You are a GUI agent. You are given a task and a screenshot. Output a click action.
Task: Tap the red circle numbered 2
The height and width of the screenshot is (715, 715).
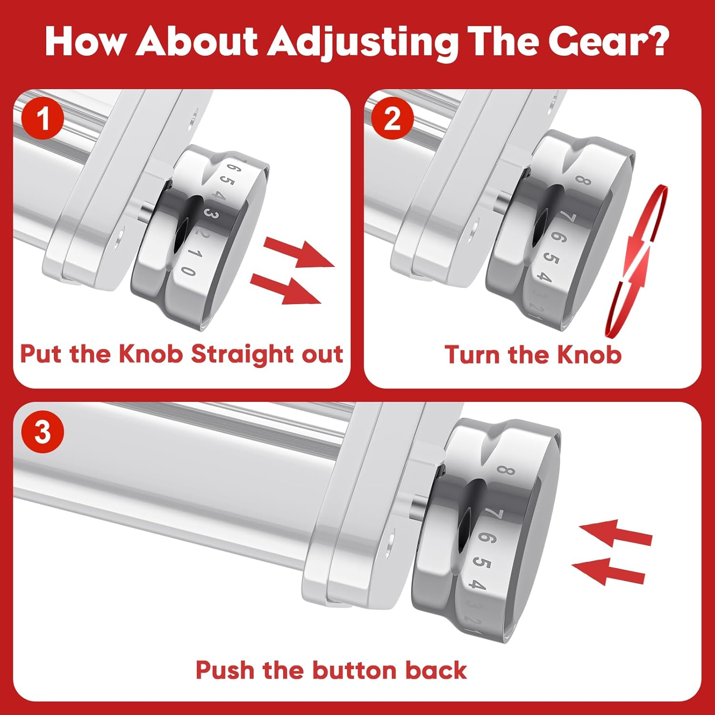(x=392, y=118)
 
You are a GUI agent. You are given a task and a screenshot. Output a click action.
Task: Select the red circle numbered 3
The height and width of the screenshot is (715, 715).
(x=43, y=432)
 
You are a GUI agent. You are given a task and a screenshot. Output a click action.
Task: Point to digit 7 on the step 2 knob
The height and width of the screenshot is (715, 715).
(x=568, y=218)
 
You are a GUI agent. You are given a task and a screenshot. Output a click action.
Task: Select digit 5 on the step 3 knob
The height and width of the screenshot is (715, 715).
(x=482, y=563)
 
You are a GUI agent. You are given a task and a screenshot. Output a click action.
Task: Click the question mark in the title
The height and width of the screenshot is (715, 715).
(x=658, y=41)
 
